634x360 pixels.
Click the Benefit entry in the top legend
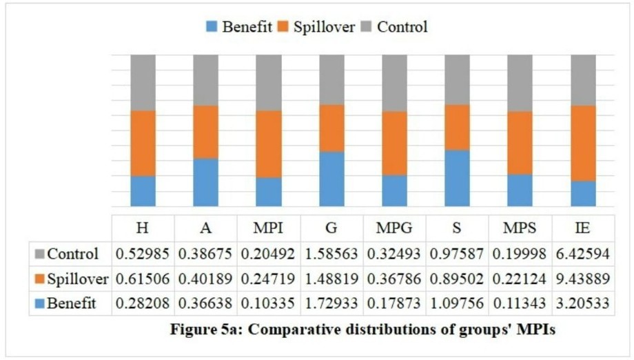[238, 27]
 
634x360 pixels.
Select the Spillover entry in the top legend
[316, 27]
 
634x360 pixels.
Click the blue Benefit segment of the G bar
[332, 179]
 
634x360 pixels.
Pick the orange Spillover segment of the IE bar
[583, 143]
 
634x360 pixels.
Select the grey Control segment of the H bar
[143, 83]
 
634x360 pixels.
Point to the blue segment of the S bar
[458, 179]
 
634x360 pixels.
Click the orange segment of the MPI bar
[269, 144]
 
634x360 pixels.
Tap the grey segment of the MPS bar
[520, 83]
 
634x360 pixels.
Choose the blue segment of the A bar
[206, 183]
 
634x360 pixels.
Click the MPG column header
[394, 228]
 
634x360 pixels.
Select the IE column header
[582, 228]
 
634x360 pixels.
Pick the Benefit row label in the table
[66, 303]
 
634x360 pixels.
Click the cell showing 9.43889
[582, 279]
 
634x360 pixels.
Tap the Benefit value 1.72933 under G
[331, 303]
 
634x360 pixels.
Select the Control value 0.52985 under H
[143, 254]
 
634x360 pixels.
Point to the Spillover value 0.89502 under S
[457, 279]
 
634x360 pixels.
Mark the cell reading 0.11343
[520, 303]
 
